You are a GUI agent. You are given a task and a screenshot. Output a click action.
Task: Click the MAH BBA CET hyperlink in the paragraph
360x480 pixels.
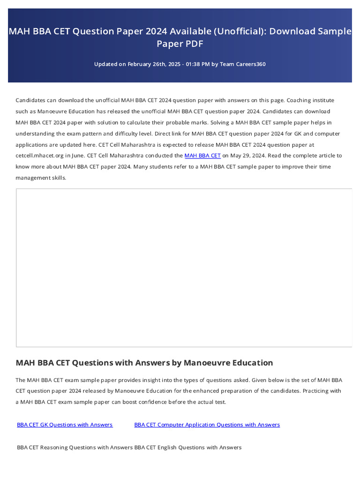tap(202, 156)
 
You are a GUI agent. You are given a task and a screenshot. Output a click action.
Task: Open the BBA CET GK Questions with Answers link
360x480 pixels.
tap(65, 425)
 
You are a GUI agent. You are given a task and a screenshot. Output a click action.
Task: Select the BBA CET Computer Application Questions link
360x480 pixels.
tap(207, 425)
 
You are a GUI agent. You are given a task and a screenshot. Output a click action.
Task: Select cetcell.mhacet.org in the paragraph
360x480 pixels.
tap(37, 156)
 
